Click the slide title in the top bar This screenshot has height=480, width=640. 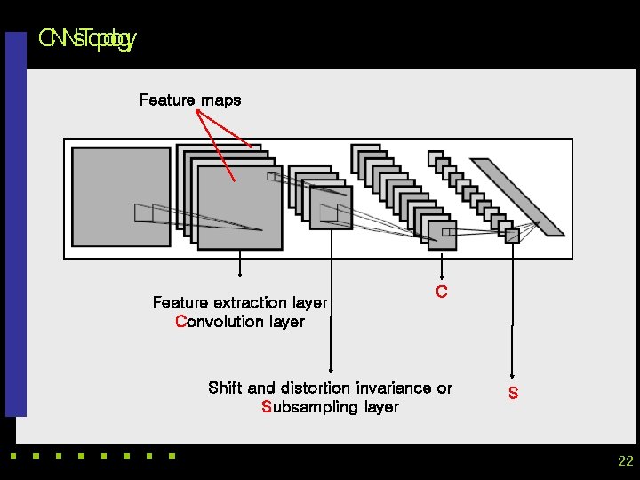pyautogui.click(x=86, y=39)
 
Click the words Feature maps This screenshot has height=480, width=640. pyautogui.click(x=189, y=100)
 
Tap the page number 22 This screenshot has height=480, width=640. pyautogui.click(x=625, y=461)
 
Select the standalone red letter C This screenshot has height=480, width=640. pyautogui.click(x=441, y=292)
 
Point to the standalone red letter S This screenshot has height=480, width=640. pyautogui.click(x=513, y=393)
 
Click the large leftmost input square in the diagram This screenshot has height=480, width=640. pyautogui.click(x=121, y=196)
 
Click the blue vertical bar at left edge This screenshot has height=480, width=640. pyautogui.click(x=16, y=222)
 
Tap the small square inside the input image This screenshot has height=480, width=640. pyautogui.click(x=143, y=212)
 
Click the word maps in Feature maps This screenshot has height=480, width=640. pyautogui.click(x=220, y=100)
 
